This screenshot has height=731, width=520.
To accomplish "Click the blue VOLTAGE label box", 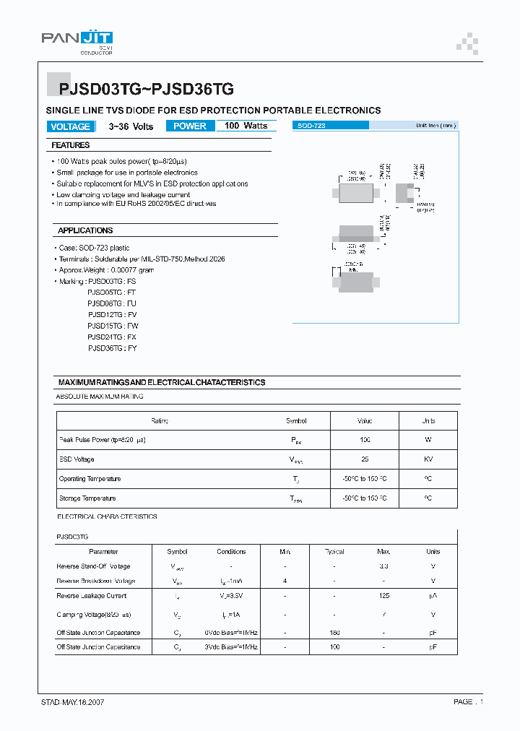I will click(x=71, y=126).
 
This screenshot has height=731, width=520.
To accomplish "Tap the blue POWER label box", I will click(x=190, y=126).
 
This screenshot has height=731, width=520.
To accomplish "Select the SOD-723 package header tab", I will click(x=331, y=126).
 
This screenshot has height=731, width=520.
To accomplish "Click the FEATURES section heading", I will click(x=71, y=145).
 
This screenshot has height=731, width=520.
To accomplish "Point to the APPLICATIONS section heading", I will click(x=85, y=230).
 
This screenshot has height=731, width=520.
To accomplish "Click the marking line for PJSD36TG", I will click(x=112, y=348).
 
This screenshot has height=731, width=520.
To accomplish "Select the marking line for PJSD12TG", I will click(x=112, y=315).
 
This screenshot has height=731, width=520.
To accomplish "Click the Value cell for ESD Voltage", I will click(x=365, y=459).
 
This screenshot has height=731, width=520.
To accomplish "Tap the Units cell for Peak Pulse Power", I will click(x=428, y=439).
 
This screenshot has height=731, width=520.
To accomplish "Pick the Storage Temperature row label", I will click(x=87, y=498).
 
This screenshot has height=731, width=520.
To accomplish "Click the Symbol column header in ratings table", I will click(x=296, y=420).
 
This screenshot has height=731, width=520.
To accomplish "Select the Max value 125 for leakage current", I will click(x=383, y=596).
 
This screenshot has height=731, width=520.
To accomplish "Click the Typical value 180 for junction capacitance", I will click(x=334, y=632).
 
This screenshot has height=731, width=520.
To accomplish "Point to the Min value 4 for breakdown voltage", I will click(x=285, y=581).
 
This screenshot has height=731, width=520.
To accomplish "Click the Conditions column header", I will click(x=231, y=551).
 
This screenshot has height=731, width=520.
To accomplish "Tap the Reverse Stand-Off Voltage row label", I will click(x=93, y=566).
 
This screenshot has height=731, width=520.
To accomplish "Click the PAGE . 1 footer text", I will click(x=468, y=701).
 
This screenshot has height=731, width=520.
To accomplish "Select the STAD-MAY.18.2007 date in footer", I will click(x=73, y=701).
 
